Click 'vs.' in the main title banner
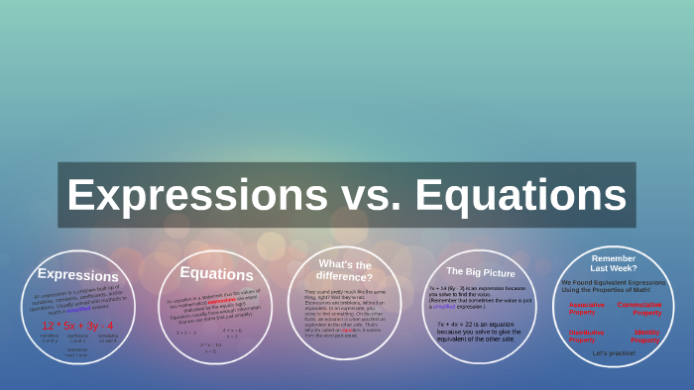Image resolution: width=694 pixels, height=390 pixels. (x=373, y=195)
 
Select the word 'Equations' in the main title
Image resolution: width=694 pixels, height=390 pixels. (x=520, y=195)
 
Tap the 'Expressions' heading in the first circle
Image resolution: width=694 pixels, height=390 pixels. (x=77, y=275)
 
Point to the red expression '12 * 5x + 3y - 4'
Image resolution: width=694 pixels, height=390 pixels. (x=77, y=325)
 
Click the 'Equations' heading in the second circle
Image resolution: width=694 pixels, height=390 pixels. (x=216, y=274)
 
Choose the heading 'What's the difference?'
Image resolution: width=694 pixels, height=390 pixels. (x=345, y=270)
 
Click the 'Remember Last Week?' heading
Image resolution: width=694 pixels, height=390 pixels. (x=614, y=262)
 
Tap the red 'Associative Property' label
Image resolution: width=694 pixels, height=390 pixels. (x=588, y=308)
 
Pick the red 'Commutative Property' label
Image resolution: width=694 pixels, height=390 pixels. (x=639, y=308)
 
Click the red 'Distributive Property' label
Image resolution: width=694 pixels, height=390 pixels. (x=587, y=336)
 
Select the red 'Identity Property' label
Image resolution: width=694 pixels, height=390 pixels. (x=645, y=336)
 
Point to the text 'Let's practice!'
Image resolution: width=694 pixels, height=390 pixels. (x=613, y=353)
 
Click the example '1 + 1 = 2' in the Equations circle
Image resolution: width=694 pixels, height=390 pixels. (x=186, y=333)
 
